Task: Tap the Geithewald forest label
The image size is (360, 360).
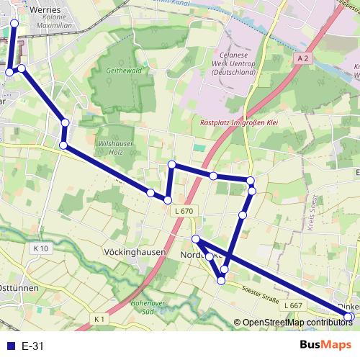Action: click(x=122, y=72)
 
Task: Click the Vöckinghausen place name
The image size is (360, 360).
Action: click(x=135, y=253)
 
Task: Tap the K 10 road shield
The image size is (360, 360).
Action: click(x=40, y=248)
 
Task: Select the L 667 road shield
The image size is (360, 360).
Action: click(x=292, y=306)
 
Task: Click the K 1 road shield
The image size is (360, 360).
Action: click(x=99, y=318)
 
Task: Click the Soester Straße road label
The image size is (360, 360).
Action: click(x=261, y=293)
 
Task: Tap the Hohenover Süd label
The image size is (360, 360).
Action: click(x=148, y=307)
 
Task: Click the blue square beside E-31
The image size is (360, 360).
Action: click(x=9, y=346)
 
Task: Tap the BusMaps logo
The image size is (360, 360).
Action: click(x=323, y=345)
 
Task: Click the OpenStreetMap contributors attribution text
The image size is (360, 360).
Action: click(x=295, y=323)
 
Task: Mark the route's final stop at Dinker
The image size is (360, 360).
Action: click(x=349, y=317)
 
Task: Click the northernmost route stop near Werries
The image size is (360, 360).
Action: click(x=14, y=23)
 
